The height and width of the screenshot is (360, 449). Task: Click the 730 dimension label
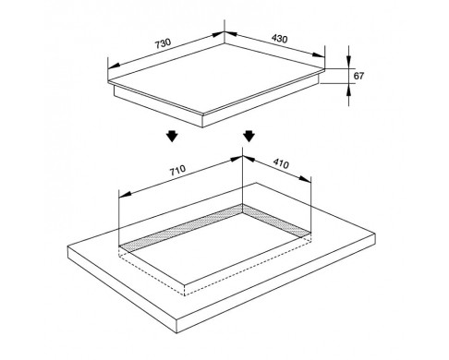tap(163, 43)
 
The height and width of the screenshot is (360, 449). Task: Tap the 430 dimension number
tap(279, 39)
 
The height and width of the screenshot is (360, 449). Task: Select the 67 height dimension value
tap(358, 76)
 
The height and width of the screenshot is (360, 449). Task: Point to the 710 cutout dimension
tap(177, 170)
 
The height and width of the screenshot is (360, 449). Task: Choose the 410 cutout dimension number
tap(281, 163)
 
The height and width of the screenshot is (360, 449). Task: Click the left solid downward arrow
tap(172, 136)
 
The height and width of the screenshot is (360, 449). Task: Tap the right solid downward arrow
tap(249, 136)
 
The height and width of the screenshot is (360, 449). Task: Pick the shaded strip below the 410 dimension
tap(275, 221)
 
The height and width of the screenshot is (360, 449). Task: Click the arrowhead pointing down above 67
tap(348, 62)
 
